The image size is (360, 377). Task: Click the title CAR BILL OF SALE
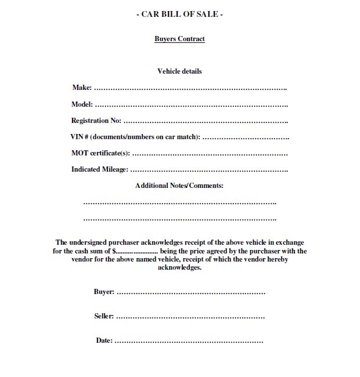(179, 14)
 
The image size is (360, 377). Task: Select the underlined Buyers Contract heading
(179, 39)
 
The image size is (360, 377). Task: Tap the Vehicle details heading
(179, 71)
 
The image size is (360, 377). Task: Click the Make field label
(82, 88)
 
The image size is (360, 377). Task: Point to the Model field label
(82, 104)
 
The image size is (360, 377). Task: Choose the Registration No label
(96, 121)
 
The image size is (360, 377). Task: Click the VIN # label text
(135, 137)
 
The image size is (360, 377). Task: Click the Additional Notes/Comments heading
(179, 186)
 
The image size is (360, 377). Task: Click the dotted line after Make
(190, 89)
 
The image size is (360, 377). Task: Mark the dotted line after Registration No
(206, 122)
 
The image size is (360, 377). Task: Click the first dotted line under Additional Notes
(179, 204)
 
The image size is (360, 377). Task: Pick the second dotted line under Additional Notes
(179, 220)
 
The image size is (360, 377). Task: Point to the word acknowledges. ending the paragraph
(179, 268)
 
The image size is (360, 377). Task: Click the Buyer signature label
(104, 292)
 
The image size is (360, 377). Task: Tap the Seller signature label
(104, 316)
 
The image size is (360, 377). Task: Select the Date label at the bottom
(104, 340)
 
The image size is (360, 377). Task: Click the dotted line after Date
(189, 342)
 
